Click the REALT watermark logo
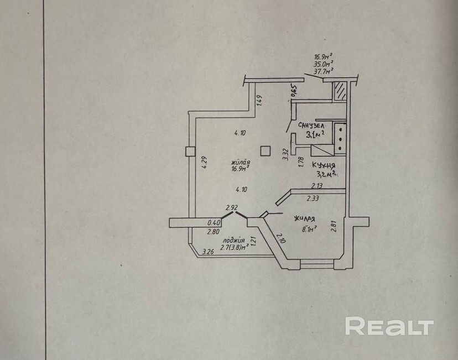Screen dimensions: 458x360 pos(389,326)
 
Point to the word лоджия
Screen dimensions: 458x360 pos(234,241)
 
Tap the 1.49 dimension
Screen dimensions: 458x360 pos(259,100)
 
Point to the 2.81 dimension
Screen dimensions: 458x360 pos(333,227)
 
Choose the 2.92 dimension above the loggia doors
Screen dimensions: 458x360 pos(231,208)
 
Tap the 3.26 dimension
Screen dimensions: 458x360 pos(209,252)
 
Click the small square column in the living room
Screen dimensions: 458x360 pos(266,150)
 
